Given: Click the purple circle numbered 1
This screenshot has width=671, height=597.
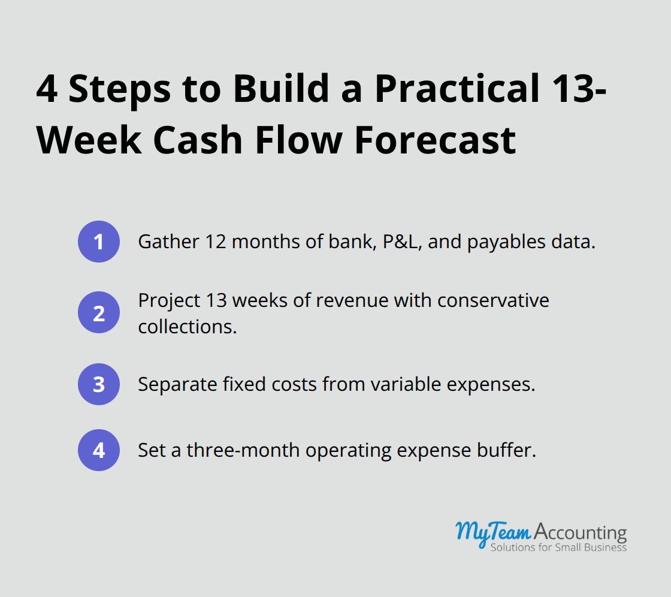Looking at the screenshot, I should [x=99, y=242].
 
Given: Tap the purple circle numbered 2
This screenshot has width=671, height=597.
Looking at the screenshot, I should [x=99, y=313].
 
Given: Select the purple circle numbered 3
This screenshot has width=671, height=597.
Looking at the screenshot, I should [x=99, y=384].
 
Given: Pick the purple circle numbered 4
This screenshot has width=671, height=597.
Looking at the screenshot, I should [x=99, y=450].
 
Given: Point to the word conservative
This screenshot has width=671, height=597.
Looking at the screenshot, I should [x=492, y=300].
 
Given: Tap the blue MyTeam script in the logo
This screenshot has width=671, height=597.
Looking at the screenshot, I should [x=492, y=532].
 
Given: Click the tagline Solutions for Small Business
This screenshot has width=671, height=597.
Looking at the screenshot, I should [x=558, y=547].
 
